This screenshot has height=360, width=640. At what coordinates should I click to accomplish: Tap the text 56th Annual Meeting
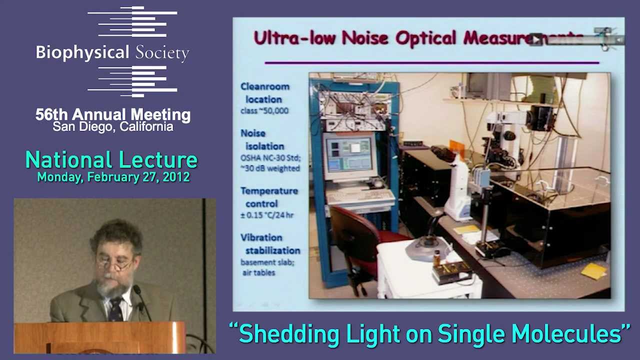click(113, 114)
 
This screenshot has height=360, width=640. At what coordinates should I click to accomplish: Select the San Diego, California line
click(113, 127)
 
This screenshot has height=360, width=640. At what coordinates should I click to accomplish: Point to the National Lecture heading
click(111, 160)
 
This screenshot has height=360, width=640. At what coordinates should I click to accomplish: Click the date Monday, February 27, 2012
click(113, 177)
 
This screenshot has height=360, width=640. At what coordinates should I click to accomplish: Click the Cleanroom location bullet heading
click(265, 93)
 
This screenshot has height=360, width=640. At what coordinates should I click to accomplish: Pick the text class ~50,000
click(264, 110)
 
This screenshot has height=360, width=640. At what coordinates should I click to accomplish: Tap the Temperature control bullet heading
click(268, 197)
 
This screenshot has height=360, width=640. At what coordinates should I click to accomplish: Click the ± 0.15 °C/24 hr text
click(267, 215)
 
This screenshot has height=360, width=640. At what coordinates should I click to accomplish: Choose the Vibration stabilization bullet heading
click(270, 244)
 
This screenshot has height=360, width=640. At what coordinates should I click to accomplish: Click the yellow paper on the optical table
click(593, 270)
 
